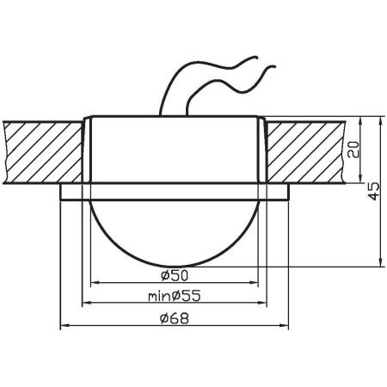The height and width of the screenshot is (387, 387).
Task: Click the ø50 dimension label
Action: [174, 275]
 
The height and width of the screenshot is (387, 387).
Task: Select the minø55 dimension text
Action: [175, 296]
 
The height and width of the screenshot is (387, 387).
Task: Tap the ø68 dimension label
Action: [174, 318]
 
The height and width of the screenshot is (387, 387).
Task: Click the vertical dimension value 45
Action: [372, 191]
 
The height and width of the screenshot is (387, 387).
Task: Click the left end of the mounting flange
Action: [60, 191]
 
